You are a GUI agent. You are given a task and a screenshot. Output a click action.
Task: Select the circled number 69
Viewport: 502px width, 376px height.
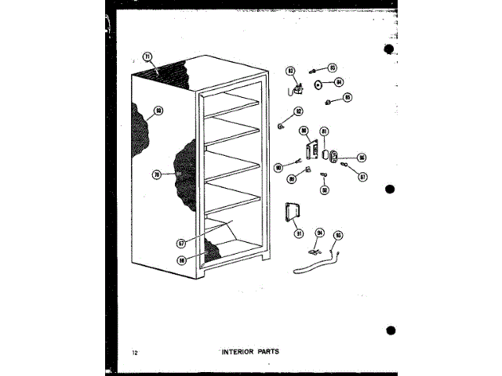point(158,111)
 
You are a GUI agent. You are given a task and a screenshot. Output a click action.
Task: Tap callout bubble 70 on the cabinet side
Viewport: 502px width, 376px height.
point(156,175)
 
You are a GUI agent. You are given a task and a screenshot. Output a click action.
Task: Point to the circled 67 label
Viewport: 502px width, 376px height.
point(181,244)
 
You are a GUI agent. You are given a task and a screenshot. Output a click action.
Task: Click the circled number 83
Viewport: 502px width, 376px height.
point(332,67)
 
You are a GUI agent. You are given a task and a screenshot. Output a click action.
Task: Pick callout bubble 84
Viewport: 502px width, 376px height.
point(339,82)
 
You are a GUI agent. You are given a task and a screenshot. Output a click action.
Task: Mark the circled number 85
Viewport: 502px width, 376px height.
point(347,98)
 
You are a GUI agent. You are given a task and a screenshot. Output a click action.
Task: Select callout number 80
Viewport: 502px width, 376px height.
point(304,131)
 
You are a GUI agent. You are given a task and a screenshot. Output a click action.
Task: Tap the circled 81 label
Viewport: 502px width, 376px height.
point(324,131)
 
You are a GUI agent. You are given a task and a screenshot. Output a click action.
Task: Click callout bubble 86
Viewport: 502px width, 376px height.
point(362,157)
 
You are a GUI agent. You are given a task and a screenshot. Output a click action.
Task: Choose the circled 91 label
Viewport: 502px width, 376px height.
point(299,233)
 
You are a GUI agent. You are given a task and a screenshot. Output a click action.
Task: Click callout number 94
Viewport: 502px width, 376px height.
point(319,233)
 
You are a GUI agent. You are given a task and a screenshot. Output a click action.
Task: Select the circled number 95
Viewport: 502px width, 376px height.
point(339,233)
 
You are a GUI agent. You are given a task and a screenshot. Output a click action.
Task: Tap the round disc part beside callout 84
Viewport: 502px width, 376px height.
point(318,83)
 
